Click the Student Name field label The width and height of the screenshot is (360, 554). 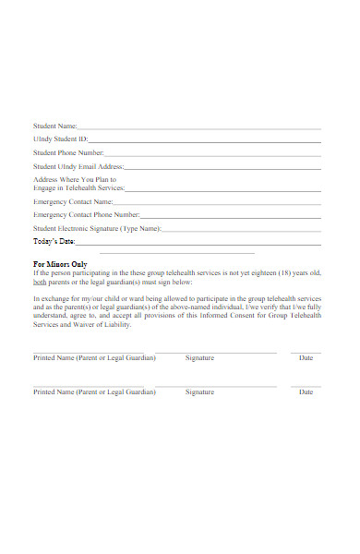coord(54,126)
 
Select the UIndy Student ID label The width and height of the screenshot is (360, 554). coord(60,139)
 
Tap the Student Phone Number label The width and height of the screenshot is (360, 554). coord(68,153)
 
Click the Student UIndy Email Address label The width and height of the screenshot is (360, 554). coord(78,166)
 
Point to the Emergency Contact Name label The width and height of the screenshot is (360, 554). coord(73,200)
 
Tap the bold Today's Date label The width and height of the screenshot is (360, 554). coord(54,241)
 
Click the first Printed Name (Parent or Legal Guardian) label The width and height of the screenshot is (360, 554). coord(94,357)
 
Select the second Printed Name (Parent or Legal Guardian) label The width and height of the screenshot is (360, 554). coord(94,391)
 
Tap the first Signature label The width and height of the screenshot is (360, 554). coord(199,357)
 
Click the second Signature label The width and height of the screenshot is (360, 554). coord(199,391)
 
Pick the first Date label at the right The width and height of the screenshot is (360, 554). coord(306,357)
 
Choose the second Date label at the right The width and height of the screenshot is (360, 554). coord(306,391)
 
